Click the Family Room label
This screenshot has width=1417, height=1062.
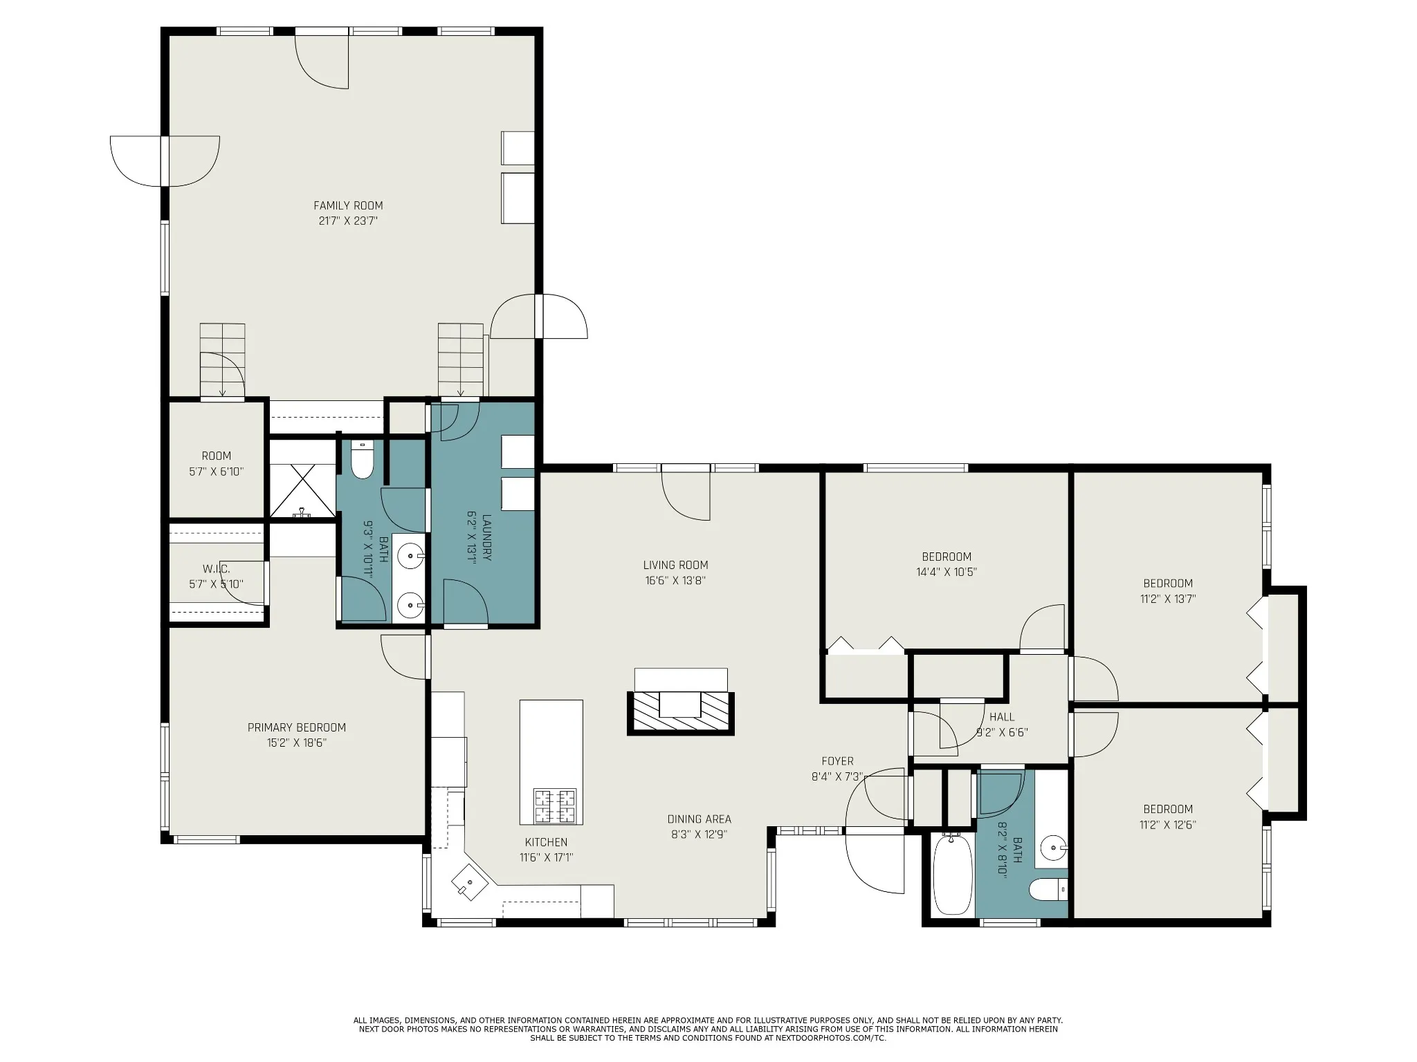tap(348, 205)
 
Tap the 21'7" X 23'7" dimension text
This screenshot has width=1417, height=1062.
tap(348, 221)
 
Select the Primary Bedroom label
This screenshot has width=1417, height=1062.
tap(297, 727)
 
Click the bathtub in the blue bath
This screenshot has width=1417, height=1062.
tap(953, 875)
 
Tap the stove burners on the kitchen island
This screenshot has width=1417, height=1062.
tap(555, 806)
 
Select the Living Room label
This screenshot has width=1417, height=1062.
tap(675, 565)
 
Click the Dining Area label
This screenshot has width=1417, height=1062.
tap(699, 819)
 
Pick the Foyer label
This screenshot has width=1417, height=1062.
tap(837, 761)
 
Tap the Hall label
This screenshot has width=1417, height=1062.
tap(1002, 717)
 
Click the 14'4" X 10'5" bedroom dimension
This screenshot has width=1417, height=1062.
tap(947, 572)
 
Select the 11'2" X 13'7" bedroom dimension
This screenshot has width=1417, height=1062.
tap(1168, 599)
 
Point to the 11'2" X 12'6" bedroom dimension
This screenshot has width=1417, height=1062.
tap(1168, 825)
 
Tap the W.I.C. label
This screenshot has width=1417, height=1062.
tap(217, 569)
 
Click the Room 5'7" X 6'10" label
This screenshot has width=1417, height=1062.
tap(217, 463)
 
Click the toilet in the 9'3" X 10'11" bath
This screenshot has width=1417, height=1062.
tap(362, 460)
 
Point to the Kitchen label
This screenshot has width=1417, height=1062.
tap(547, 842)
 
